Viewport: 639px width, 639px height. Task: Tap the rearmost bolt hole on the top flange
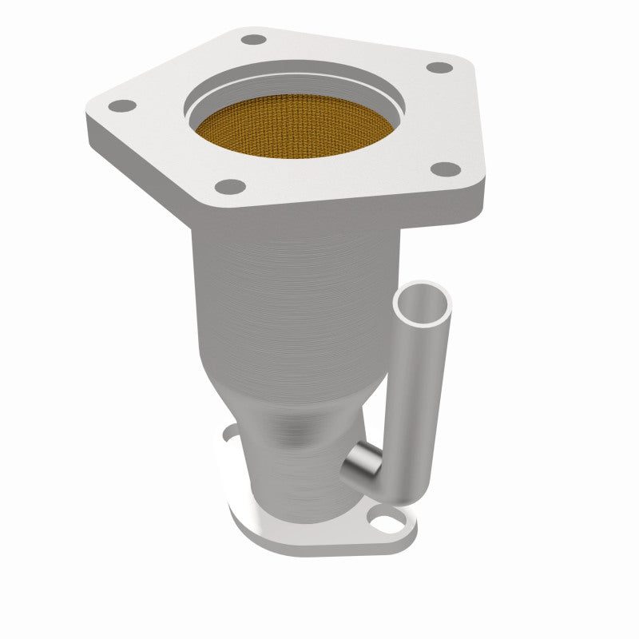[253, 39]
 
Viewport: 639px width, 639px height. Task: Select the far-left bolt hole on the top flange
[121, 105]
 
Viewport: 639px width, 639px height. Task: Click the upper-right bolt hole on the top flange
[439, 67]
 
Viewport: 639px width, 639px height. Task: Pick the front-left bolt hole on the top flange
[231, 187]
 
